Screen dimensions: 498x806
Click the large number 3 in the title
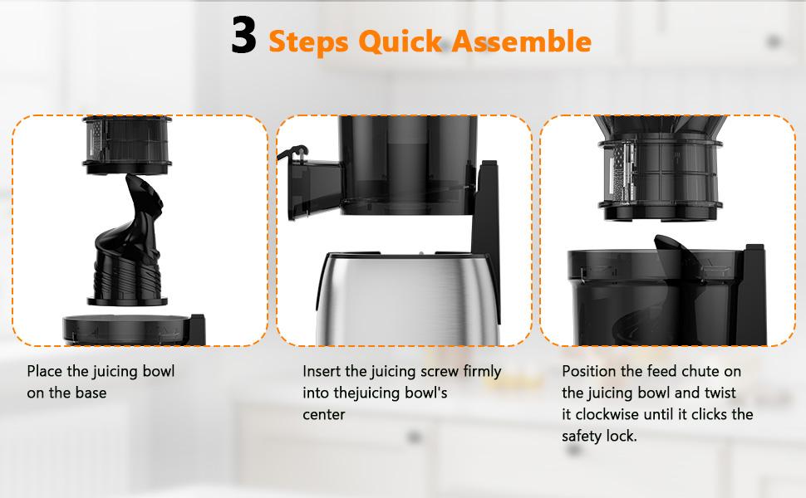[243, 39]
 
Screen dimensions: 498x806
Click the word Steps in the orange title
[307, 41]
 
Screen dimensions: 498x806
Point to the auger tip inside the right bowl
[664, 242]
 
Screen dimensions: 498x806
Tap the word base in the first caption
[90, 393]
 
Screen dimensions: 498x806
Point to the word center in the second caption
[324, 414]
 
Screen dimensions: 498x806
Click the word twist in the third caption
[718, 393]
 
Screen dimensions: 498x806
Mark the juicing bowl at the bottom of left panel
[133, 330]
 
